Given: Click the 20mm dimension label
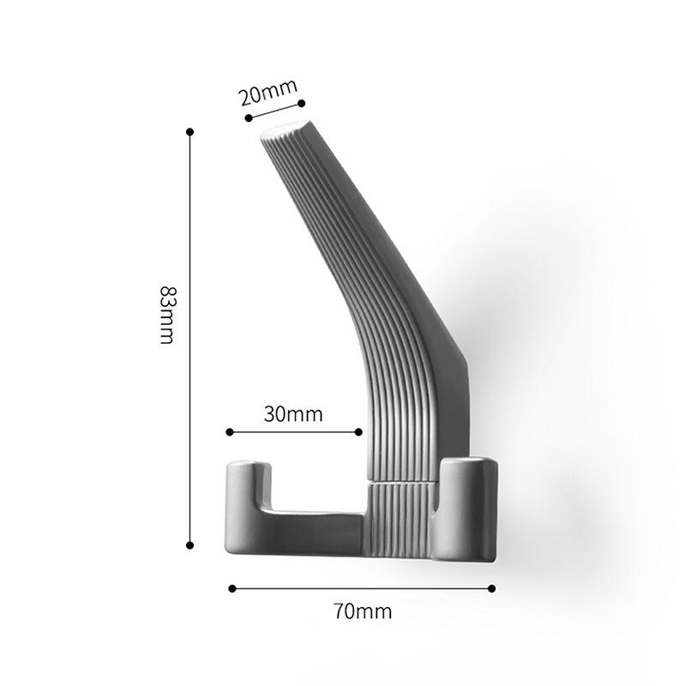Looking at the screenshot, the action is click(x=268, y=93).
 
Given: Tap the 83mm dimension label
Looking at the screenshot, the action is click(x=167, y=315).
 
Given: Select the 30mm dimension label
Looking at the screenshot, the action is click(x=293, y=414).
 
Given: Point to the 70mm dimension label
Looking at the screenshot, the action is click(x=363, y=611).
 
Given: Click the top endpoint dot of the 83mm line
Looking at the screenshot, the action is click(x=190, y=132).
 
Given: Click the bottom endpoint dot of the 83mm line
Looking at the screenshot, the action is click(x=190, y=545).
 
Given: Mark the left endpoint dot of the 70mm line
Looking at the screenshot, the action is click(x=232, y=588).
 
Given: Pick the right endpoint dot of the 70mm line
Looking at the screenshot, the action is click(x=491, y=588).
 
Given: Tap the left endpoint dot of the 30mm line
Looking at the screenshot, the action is click(x=230, y=432).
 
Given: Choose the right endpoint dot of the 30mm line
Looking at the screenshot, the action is click(x=358, y=432).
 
